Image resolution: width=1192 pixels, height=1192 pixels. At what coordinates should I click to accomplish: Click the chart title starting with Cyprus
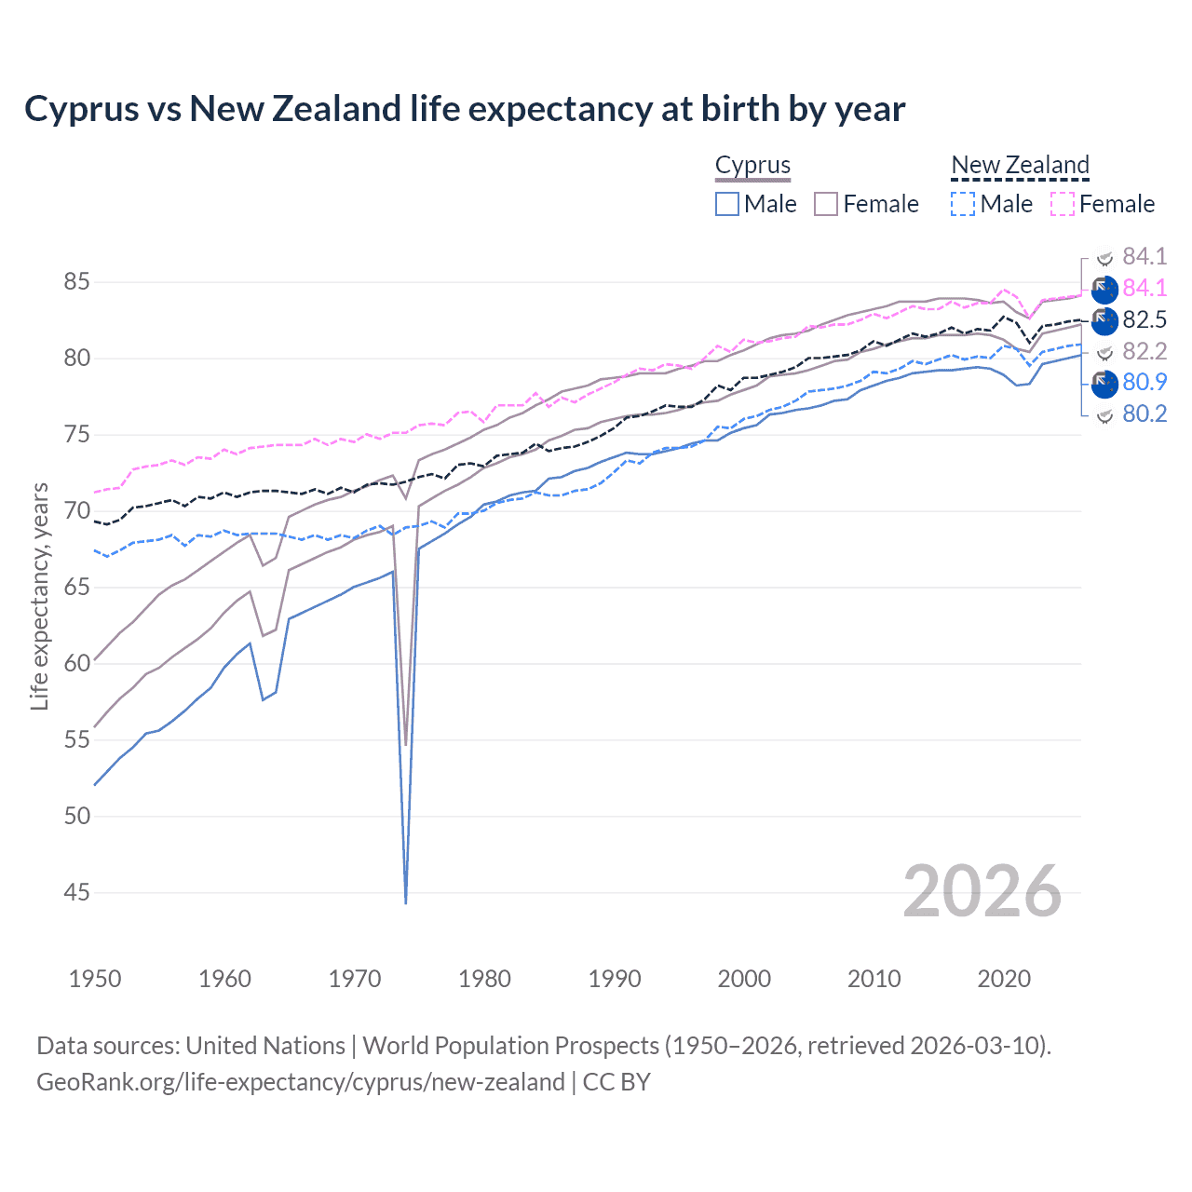(x=464, y=109)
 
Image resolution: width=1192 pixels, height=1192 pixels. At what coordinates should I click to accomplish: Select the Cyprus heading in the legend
(x=752, y=165)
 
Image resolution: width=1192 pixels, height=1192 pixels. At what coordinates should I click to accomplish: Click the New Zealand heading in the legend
(x=1020, y=165)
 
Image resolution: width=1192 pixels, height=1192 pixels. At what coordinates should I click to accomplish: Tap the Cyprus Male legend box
(x=728, y=204)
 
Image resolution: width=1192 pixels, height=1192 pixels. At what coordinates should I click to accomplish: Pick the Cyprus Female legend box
(x=827, y=204)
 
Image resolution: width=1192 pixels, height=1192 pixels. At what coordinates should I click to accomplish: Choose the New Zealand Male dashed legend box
(x=964, y=204)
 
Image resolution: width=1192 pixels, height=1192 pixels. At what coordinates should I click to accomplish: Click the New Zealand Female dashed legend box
(x=1063, y=204)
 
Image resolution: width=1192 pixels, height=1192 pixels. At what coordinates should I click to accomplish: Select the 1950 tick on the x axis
(x=95, y=979)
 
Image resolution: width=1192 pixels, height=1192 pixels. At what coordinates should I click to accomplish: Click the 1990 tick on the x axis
(x=615, y=979)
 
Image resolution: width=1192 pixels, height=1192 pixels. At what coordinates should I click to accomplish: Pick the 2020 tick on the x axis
(x=1004, y=979)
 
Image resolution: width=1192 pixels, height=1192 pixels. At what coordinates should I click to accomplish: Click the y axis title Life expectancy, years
(x=39, y=596)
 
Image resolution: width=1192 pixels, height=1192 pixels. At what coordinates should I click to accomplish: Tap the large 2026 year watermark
(x=982, y=891)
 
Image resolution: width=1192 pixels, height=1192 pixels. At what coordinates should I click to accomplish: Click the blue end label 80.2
(x=1145, y=414)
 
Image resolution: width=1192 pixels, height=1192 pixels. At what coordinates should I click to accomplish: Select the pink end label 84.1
(x=1145, y=288)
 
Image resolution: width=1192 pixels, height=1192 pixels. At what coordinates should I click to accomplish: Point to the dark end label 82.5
(x=1145, y=320)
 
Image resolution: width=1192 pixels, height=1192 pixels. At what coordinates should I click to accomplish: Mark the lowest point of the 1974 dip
(x=406, y=901)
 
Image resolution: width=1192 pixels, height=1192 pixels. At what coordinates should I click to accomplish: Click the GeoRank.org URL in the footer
(x=300, y=1082)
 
